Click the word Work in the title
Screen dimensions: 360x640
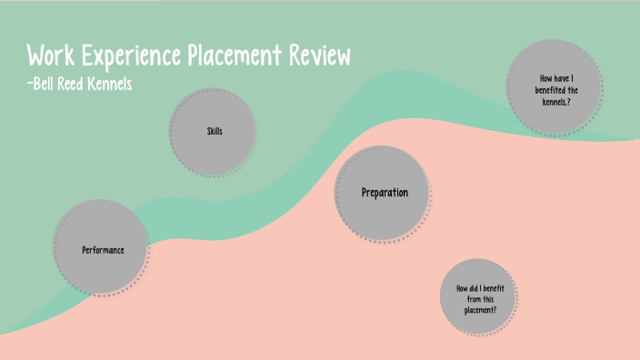coord(52,56)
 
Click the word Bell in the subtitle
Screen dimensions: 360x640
coord(47,85)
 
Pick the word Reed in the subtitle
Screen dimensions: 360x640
coord(83,85)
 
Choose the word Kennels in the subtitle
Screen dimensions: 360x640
coord(125,85)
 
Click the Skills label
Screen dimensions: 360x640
coord(215,132)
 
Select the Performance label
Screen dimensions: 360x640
coord(103,249)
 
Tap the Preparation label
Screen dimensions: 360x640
coord(385,193)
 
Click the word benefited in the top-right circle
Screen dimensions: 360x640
coord(546,89)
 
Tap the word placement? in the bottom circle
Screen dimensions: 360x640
coord(476,309)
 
